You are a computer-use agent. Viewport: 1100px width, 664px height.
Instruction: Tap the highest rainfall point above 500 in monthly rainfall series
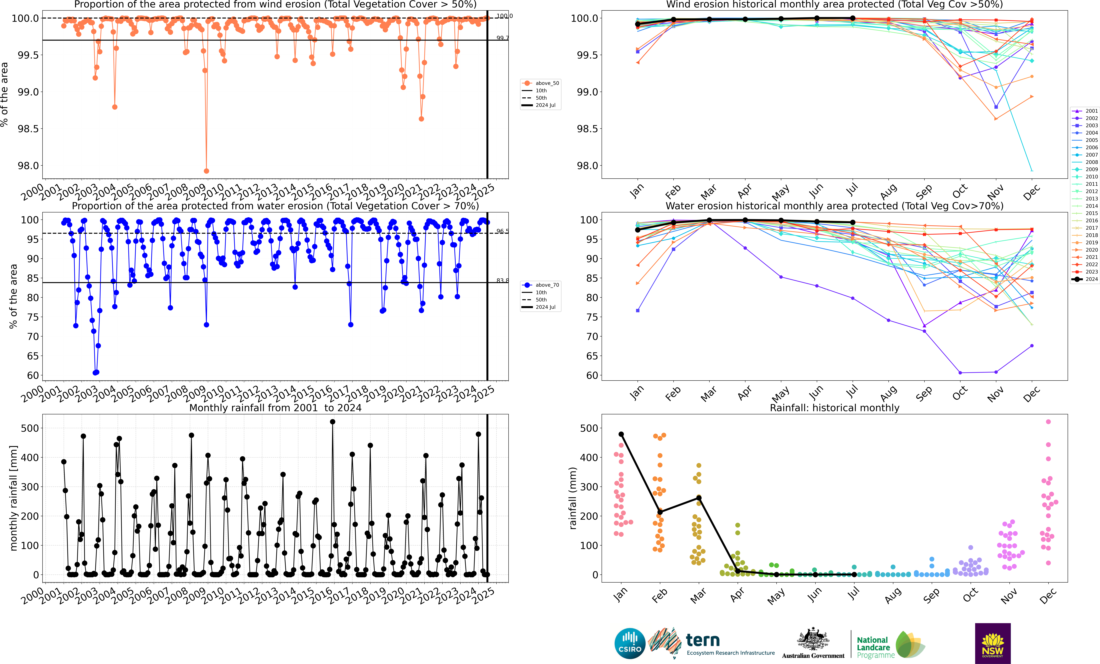332,422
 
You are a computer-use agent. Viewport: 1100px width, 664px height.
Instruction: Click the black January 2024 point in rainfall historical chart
621,434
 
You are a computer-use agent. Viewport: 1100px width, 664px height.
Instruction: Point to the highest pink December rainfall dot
1048,422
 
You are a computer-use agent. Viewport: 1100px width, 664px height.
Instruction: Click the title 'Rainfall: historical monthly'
834,408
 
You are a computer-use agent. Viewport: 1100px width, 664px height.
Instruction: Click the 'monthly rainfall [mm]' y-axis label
13,498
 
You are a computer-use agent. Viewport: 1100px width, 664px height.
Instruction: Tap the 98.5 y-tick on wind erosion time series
28,129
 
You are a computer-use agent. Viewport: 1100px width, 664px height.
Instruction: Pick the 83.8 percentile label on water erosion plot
502,280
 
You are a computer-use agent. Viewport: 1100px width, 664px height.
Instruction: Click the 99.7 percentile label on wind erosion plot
502,38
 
